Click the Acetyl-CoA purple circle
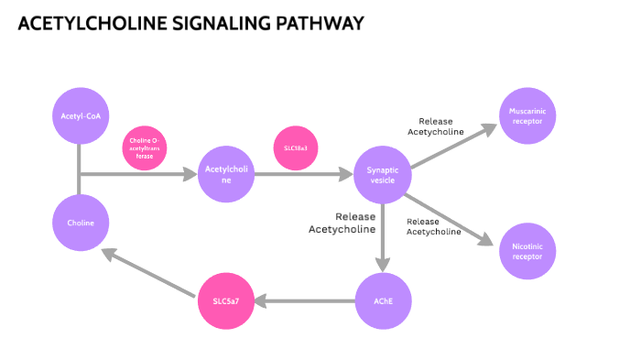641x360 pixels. tap(81, 116)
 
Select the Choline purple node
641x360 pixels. tap(81, 223)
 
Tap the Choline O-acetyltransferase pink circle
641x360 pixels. tap(145, 147)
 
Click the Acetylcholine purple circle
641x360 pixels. tap(225, 174)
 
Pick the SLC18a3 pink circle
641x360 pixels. tap(296, 147)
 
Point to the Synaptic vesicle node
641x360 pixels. tap(382, 174)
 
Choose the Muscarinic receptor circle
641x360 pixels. tap(527, 116)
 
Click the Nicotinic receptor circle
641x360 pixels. tap(527, 250)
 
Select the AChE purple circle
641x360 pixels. tap(382, 300)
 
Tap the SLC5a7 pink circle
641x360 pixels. tap(225, 300)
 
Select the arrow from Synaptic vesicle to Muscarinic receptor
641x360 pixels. tap(453, 147)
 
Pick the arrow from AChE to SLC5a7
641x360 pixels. tap(307, 300)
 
